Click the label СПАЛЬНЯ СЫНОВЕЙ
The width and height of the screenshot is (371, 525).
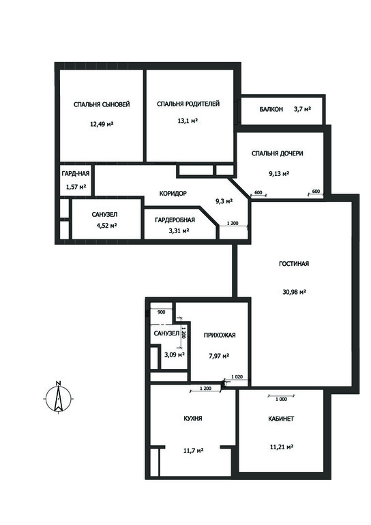(102, 104)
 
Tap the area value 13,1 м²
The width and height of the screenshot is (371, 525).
(188, 121)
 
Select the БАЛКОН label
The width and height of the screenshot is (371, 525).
(271, 109)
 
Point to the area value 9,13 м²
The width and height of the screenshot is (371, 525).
(278, 174)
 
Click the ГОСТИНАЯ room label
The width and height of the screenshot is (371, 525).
(294, 264)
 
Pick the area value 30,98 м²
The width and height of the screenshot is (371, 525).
(295, 292)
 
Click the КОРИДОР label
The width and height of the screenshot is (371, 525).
(173, 194)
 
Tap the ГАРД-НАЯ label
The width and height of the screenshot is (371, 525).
(76, 174)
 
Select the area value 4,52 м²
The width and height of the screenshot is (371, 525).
(106, 226)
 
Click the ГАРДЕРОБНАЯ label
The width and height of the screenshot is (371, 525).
(175, 220)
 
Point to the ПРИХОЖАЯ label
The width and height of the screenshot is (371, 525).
(220, 335)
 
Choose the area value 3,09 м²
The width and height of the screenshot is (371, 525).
(175, 355)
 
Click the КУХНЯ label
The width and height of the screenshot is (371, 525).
(193, 419)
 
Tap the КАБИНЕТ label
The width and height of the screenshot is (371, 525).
(281, 419)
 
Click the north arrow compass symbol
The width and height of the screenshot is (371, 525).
(58, 397)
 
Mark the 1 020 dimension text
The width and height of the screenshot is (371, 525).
(237, 376)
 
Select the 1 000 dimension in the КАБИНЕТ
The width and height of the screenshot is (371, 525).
(281, 400)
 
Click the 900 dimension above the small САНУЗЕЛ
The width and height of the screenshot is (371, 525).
(161, 312)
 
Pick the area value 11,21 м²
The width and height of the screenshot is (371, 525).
(282, 447)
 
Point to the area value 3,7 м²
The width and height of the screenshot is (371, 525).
(303, 109)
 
